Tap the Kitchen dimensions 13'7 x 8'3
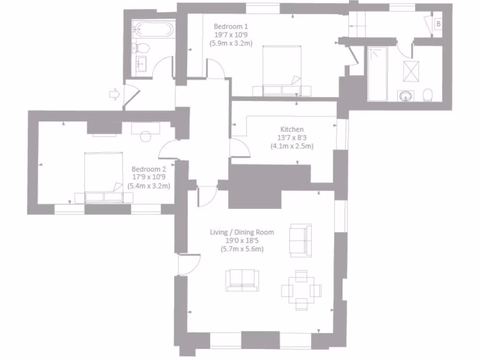coord(292,138)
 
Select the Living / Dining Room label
coord(242,232)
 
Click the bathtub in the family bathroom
coord(152,30)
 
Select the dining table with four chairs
coord(301,290)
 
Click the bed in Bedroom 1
coord(282,70)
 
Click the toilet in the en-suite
coord(427,96)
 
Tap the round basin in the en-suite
coord(405,97)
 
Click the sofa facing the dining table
coord(241,280)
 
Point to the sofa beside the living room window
coord(300,240)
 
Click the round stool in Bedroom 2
coord(146,137)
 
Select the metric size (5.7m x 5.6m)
coord(242,249)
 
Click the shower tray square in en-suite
coord(412,71)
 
